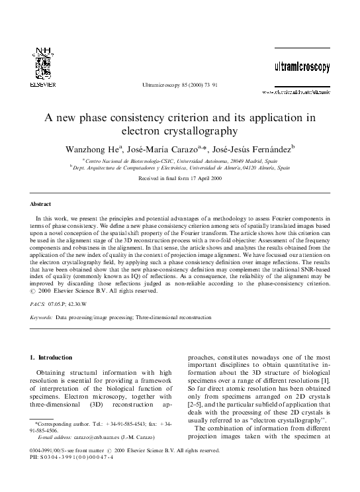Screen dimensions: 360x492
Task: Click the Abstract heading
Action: click(x=41, y=204)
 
